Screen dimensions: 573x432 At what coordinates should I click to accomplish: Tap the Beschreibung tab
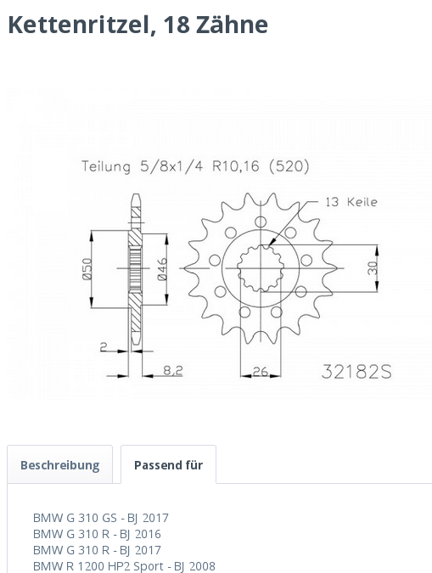[x=59, y=465]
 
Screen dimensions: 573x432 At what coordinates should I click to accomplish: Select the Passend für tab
[x=168, y=465]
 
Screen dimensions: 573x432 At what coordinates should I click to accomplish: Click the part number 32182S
[x=356, y=371]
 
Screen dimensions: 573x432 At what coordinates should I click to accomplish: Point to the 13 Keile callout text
[x=351, y=202]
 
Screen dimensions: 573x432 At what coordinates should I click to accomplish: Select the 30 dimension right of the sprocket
[x=373, y=267]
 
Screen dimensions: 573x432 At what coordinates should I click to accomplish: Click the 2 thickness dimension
[x=103, y=346]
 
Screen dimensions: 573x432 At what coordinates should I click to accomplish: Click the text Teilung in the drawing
[x=107, y=166]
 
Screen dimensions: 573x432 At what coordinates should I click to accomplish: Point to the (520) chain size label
[x=289, y=166]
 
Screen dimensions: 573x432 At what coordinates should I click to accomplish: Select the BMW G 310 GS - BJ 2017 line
[x=100, y=517]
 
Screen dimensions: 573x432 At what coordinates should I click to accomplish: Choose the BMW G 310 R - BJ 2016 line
[x=97, y=534]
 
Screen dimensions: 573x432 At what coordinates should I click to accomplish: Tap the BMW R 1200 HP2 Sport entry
[x=124, y=566]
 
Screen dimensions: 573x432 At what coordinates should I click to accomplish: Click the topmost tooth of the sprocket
[x=248, y=200]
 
